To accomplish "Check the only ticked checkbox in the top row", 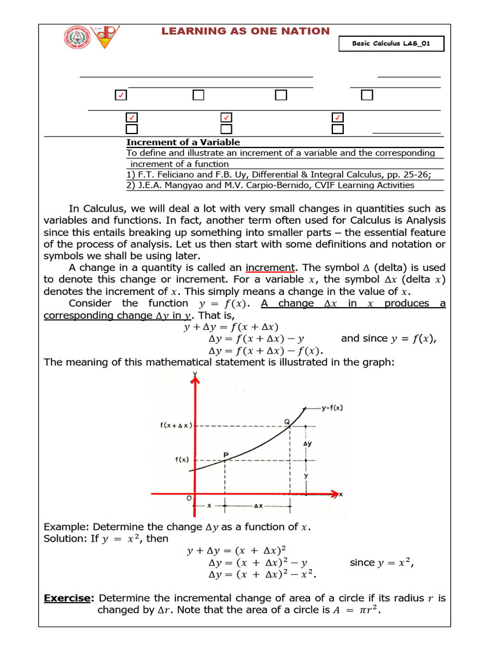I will pos(121,95).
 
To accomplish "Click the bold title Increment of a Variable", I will pos(183,142).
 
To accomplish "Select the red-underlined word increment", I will pos(271,268).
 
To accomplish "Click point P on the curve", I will pos(226,456).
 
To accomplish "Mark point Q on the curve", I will pos(287,421).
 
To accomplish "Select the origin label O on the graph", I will pos(189,499).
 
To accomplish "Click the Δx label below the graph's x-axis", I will pos(258,506).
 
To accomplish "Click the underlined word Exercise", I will pos(69,598).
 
